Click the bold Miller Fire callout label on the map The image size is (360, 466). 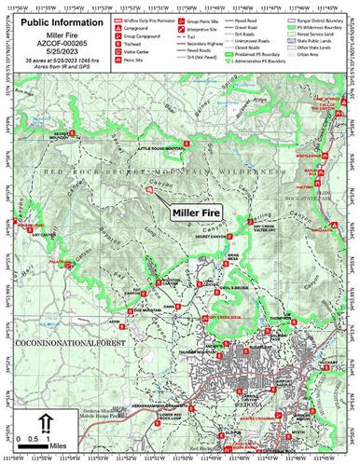coord(198,212)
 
